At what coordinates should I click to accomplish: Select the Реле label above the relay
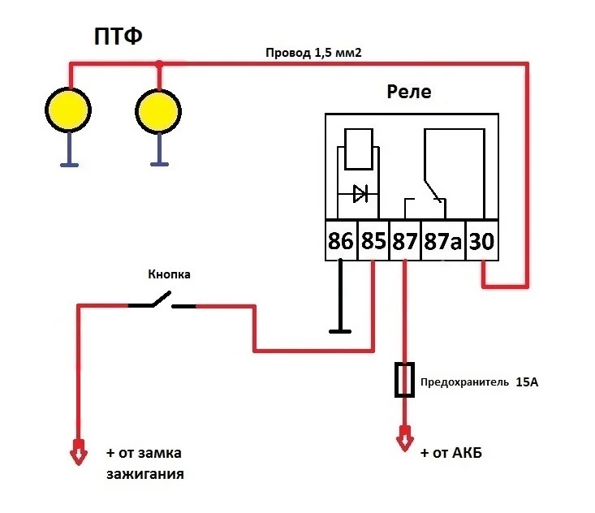tap(409, 92)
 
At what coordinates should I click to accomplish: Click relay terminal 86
tap(341, 241)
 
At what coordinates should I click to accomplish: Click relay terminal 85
tap(373, 241)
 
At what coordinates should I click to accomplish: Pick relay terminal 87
tap(405, 241)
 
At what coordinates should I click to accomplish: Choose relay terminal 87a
tap(442, 241)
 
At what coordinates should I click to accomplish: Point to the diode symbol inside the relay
tap(359, 194)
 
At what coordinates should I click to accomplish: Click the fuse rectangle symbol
tap(405, 380)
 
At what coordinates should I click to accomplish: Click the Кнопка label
tap(167, 275)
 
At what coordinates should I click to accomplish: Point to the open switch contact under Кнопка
tap(161, 304)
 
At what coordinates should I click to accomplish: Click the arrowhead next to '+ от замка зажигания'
tap(78, 453)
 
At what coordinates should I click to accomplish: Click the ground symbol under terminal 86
tap(341, 330)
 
